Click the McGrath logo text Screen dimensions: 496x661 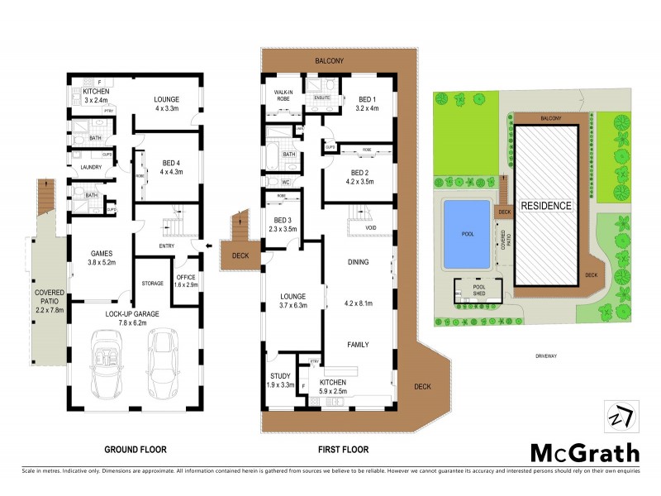point(584,452)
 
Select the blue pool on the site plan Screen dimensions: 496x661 point(468,234)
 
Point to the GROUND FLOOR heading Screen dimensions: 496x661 point(136,451)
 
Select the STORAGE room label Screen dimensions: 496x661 point(153,284)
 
